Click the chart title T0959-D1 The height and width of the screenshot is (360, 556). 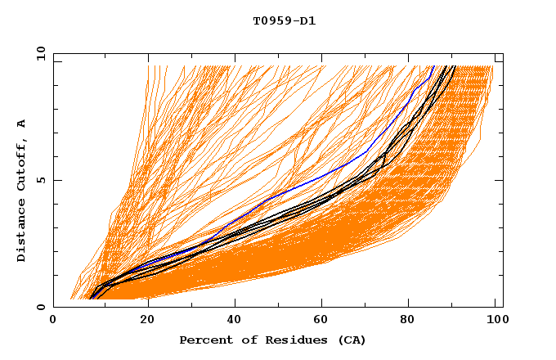click(284, 20)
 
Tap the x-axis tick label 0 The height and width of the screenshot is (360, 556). click(53, 320)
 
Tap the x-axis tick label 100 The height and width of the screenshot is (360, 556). click(496, 320)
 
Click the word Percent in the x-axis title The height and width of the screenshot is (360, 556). click(203, 340)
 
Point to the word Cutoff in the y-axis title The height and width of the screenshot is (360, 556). click(22, 164)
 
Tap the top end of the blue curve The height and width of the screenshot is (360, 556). click(433, 66)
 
